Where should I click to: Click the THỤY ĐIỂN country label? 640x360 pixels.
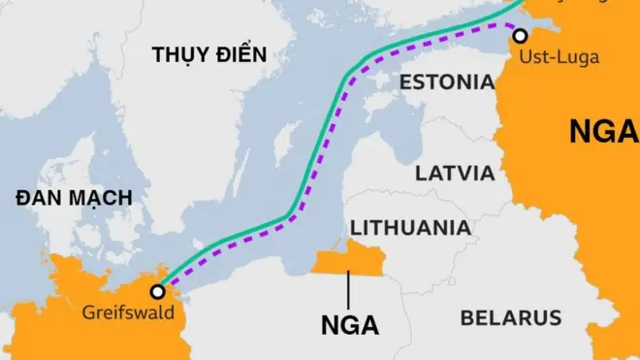point(208,55)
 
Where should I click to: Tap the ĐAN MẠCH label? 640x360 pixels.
point(74,198)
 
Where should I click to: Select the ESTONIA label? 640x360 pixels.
point(447,82)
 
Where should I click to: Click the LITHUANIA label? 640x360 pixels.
point(410,228)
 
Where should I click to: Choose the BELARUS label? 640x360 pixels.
point(510,317)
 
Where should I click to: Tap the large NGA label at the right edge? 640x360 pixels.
point(603,131)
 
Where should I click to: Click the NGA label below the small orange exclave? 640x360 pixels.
point(350,324)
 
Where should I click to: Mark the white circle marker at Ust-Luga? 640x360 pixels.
point(521,36)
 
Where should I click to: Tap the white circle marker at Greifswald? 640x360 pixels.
point(157,291)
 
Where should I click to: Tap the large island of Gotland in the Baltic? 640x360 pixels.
point(283,146)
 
